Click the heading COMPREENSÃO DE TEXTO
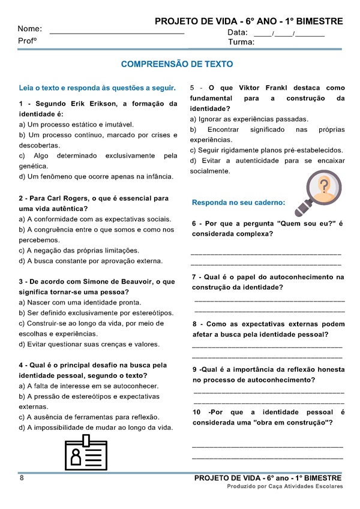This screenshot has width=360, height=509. pyautogui.click(x=177, y=64)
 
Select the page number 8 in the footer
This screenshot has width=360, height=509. pyautogui.click(x=22, y=478)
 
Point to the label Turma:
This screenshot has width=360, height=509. pyautogui.click(x=241, y=43)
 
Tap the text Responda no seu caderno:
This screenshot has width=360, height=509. pyautogui.click(x=238, y=203)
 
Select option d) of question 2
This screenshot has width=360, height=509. pyautogui.click(x=91, y=261)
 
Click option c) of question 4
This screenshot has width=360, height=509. pyautogui.click(x=89, y=417)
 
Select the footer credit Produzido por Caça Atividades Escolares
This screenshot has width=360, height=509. pyautogui.click(x=284, y=487)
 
